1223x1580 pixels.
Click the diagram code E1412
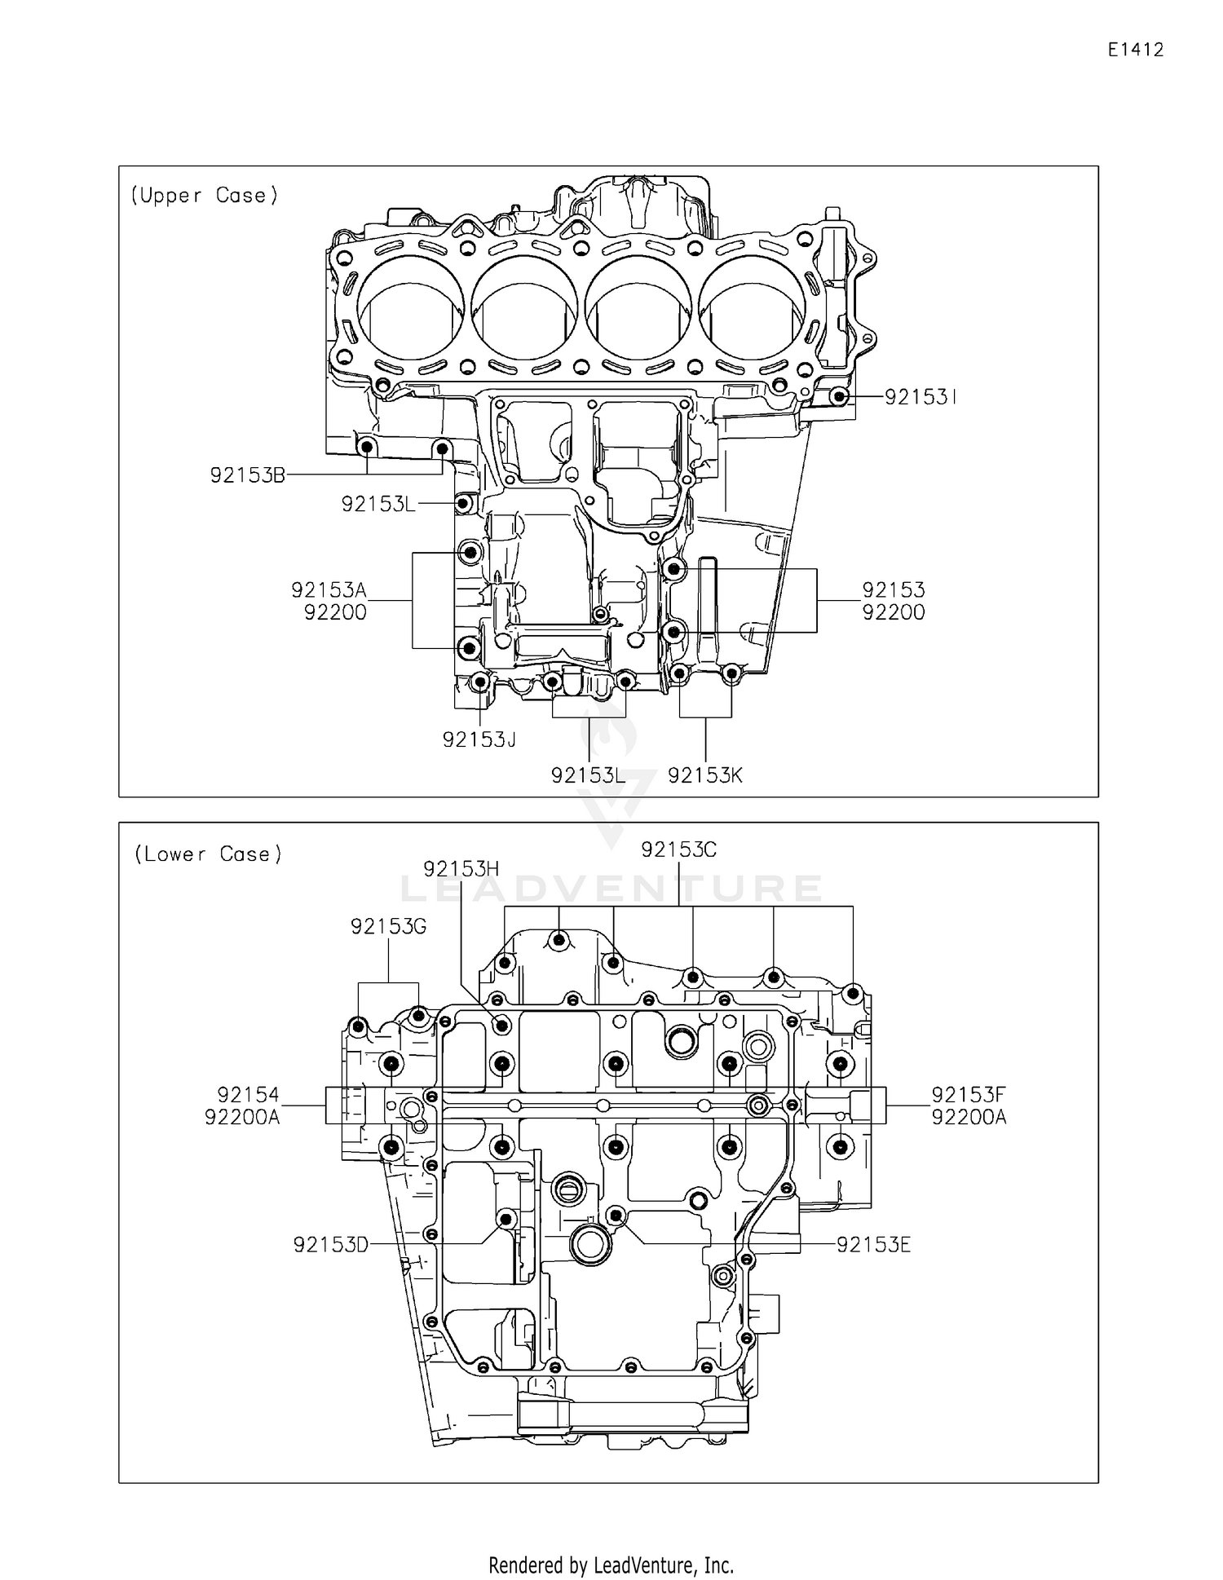pos(1135,50)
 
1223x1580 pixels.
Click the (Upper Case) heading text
pos(205,196)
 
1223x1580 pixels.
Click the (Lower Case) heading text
pos(208,854)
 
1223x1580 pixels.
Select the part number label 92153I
pos(920,397)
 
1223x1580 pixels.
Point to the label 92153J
pos(479,739)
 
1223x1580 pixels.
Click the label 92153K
pos(705,775)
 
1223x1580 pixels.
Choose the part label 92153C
pos(678,850)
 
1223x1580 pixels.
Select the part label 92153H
pos(461,869)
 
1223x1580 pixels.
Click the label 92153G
pos(388,926)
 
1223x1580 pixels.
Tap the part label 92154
pos(248,1094)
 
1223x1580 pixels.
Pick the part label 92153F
pos(969,1094)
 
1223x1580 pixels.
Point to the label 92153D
pos(331,1245)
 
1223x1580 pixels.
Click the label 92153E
pos(873,1245)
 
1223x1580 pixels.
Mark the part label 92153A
pos(329,589)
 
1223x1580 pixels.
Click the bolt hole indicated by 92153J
pos(480,681)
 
